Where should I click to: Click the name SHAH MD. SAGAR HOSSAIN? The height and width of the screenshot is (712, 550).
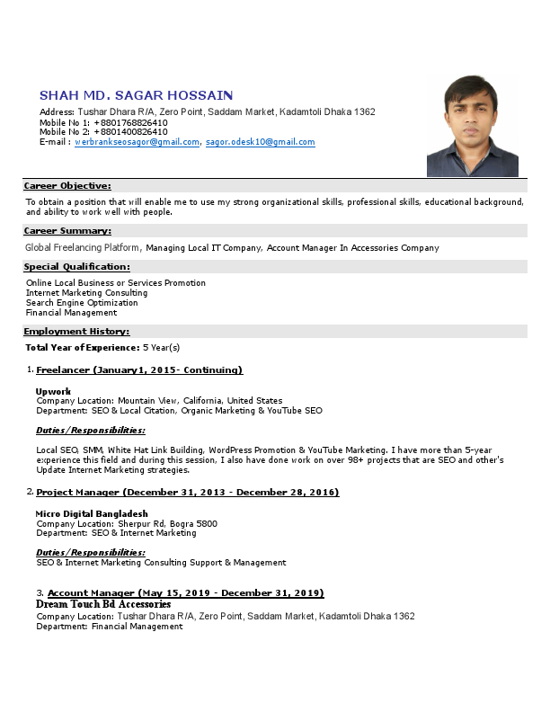[x=137, y=95]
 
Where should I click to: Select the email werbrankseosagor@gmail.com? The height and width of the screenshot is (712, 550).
[x=137, y=142]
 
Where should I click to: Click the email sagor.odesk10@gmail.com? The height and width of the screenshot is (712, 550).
[x=260, y=142]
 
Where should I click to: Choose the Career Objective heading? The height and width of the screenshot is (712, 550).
[x=67, y=185]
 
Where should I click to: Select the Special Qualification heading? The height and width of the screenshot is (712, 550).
[x=76, y=267]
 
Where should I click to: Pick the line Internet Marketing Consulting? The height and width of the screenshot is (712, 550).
[x=86, y=293]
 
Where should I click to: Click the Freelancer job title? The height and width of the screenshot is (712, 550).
[x=139, y=370]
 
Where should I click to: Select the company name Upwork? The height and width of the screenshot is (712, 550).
[x=53, y=391]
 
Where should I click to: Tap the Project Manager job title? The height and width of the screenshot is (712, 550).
[x=187, y=493]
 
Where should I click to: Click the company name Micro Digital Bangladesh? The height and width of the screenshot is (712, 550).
[x=92, y=513]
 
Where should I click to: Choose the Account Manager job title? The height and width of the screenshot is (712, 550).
[x=185, y=593]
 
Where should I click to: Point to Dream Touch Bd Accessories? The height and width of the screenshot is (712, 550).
[x=103, y=605]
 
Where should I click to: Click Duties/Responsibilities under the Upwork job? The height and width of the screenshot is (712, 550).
[x=91, y=431]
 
